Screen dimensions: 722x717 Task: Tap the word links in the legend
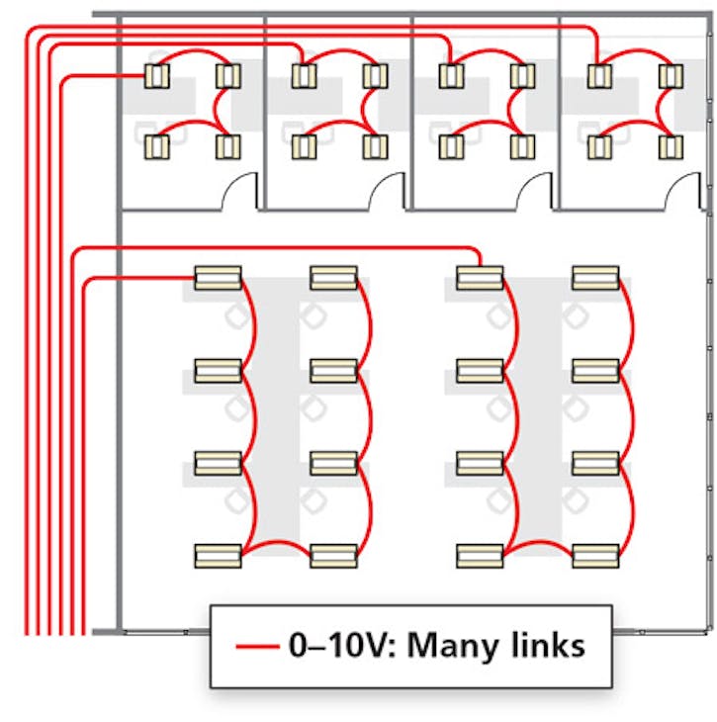click(x=548, y=646)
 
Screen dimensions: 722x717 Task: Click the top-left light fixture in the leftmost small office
click(x=156, y=75)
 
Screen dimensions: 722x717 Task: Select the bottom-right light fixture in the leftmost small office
click(x=227, y=146)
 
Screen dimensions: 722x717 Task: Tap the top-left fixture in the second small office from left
click(x=304, y=75)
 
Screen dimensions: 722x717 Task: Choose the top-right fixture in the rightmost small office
click(x=672, y=75)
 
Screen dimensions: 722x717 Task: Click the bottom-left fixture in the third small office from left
click(x=451, y=146)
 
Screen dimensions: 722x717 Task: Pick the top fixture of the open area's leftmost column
click(x=218, y=277)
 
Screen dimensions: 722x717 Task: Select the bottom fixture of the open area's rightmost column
click(x=595, y=555)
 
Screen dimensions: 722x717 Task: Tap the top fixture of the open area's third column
click(x=480, y=277)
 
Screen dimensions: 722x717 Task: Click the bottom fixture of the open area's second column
click(x=333, y=555)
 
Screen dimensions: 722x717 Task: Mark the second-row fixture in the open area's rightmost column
click(x=595, y=370)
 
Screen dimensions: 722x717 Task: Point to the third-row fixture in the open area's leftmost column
click(x=218, y=462)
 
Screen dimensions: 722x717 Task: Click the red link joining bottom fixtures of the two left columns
click(x=276, y=542)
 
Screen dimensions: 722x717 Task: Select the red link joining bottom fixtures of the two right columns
click(x=538, y=542)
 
